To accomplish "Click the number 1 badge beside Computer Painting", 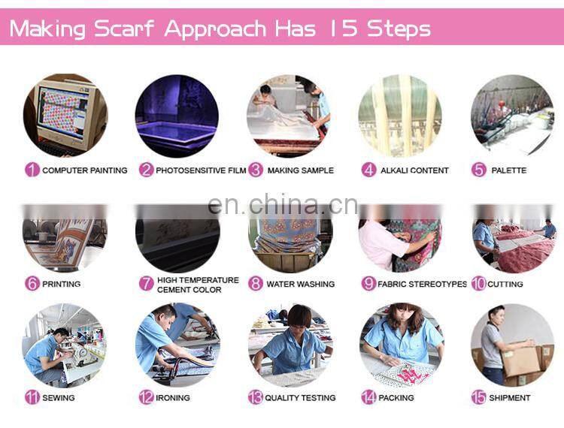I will pyautogui.click(x=32, y=170).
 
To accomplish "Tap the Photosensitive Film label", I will pyautogui.click(x=201, y=170).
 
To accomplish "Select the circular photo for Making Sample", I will pyautogui.click(x=289, y=116).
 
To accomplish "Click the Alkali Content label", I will pyautogui.click(x=414, y=170).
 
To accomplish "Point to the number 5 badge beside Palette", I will pyautogui.click(x=479, y=170).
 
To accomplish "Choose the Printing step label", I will pyautogui.click(x=62, y=284).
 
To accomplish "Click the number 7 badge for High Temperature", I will pyautogui.click(x=147, y=284).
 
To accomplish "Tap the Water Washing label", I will pyautogui.click(x=301, y=285).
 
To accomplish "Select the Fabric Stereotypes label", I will pyautogui.click(x=422, y=285).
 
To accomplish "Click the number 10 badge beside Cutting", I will pyautogui.click(x=479, y=284).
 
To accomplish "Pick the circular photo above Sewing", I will pyautogui.click(x=64, y=345).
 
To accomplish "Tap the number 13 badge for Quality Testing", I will pyautogui.click(x=256, y=397).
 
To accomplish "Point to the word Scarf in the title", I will pyautogui.click(x=126, y=29).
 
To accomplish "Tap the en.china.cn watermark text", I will pyautogui.click(x=282, y=205).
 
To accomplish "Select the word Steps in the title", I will pyautogui.click(x=399, y=29).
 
